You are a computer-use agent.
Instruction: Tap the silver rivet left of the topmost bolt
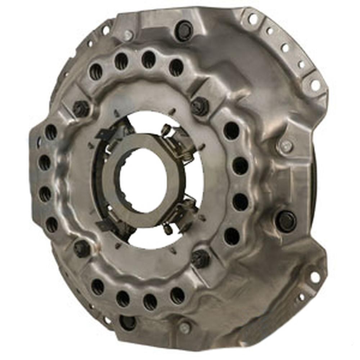128,35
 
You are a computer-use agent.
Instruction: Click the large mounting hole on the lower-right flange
315,277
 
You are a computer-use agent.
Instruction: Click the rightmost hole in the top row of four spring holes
176,66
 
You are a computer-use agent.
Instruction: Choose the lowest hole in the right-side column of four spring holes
231,236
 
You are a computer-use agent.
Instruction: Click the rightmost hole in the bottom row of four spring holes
177,295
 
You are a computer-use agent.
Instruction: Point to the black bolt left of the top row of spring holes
81,108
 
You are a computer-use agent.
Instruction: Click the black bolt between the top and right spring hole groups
200,106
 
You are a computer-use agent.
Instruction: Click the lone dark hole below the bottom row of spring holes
128,322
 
